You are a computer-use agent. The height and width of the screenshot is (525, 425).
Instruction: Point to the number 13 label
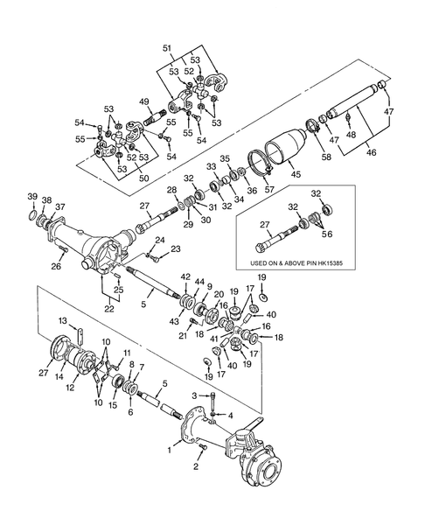[x=62, y=323]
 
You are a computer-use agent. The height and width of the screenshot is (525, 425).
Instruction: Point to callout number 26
[x=56, y=267]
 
